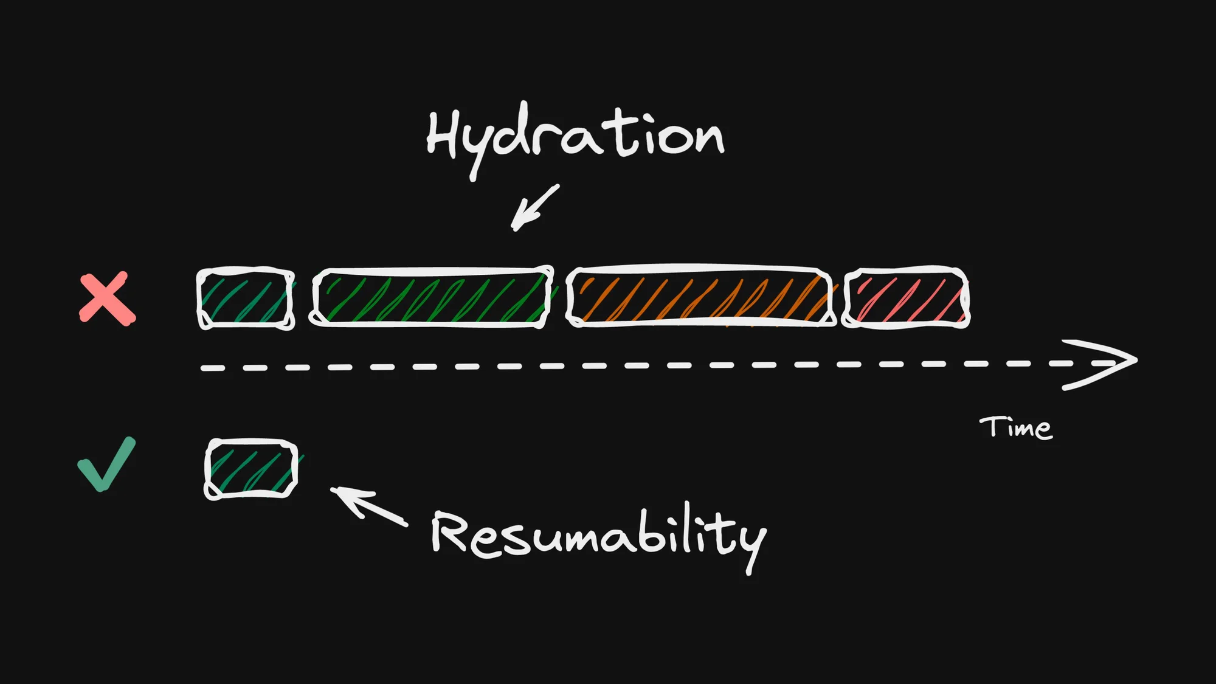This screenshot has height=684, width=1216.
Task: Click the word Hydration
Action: [x=575, y=137]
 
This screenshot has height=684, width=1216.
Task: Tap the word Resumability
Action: [x=599, y=535]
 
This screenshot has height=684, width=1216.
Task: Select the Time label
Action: [x=1015, y=427]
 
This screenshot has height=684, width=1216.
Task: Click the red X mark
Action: [x=108, y=299]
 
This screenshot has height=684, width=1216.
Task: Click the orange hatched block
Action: [x=700, y=297]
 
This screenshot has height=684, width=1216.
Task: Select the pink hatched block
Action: [x=906, y=298]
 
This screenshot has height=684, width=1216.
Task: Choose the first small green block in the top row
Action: [x=246, y=299]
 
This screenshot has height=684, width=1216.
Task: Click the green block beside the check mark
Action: [x=251, y=469]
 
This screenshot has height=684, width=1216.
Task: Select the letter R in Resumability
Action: [x=450, y=532]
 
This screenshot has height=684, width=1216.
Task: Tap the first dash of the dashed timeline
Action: [x=213, y=368]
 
